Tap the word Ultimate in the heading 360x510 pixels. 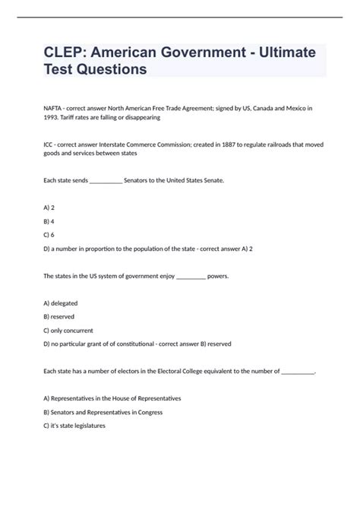coord(287,53)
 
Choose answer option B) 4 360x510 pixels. coord(49,220)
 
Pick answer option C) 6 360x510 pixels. coord(49,234)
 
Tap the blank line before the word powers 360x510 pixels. coord(191,276)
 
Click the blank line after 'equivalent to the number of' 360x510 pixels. coord(298,372)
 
